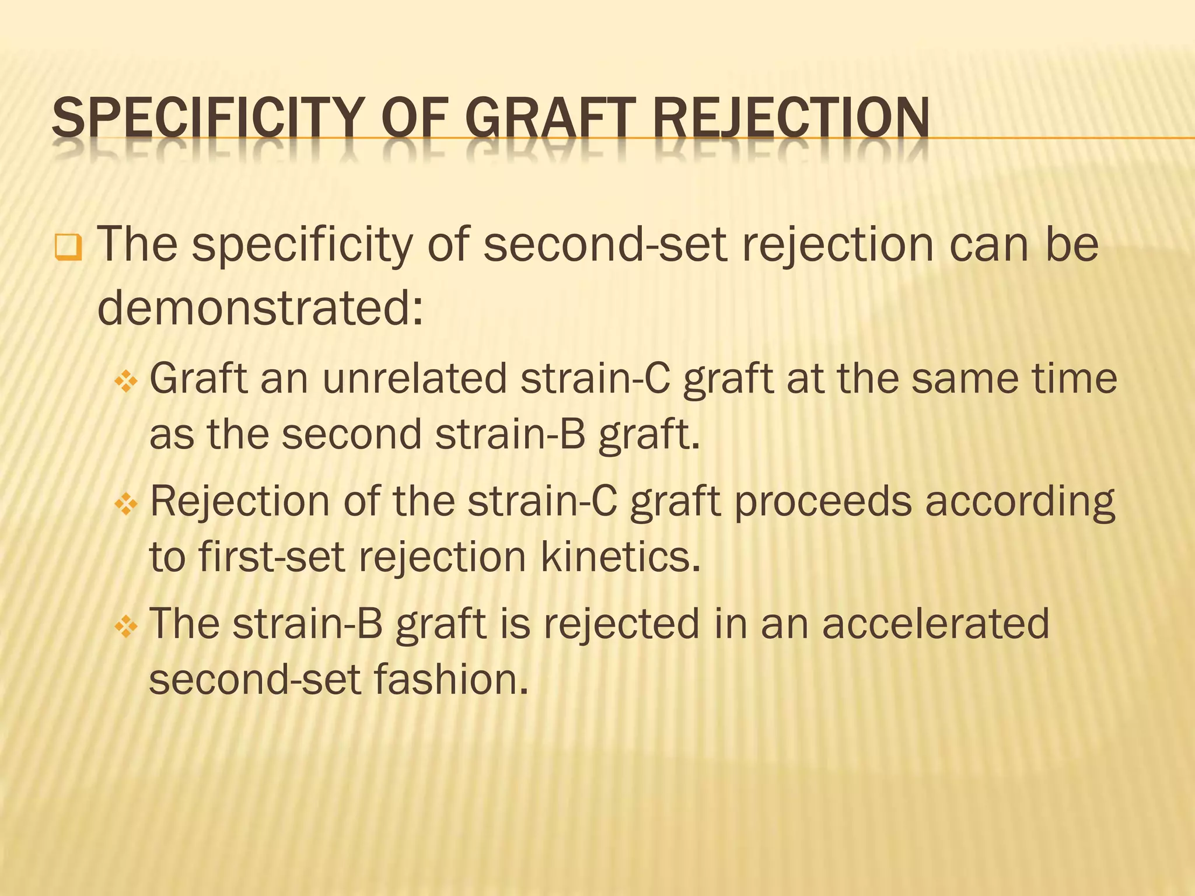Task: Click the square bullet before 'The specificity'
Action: click(68, 247)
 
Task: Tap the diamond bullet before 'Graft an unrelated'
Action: click(126, 383)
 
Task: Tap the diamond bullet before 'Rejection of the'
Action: click(126, 505)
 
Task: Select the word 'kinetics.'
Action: click(620, 557)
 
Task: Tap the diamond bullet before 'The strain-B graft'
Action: click(126, 628)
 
